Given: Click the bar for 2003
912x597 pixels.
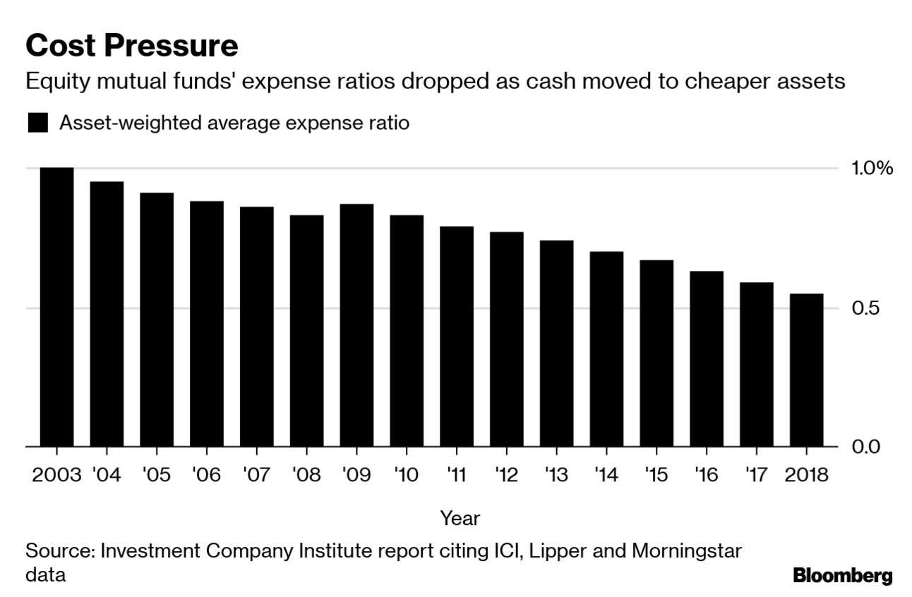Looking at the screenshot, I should coord(56,307).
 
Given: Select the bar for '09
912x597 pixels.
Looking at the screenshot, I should coord(356,325).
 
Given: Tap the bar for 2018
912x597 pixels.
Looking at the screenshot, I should coord(806,370).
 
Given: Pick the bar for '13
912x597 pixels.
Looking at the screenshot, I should coord(557,343).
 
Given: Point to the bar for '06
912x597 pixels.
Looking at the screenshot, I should coord(207,323).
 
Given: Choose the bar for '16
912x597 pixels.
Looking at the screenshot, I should coord(707,358).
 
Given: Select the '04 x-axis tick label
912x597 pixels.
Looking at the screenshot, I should coord(107,474).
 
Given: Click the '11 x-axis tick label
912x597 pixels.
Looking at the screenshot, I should coord(457,474).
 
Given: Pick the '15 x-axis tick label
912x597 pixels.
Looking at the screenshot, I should coord(656,474).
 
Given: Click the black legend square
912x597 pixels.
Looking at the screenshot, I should coord(37,123).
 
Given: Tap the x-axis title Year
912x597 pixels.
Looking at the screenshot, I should coord(460,518).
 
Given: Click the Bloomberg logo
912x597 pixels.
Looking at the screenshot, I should coord(842,575).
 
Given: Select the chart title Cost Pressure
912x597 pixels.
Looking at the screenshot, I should coord(132,47).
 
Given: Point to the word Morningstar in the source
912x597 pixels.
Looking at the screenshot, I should coord(687,550).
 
